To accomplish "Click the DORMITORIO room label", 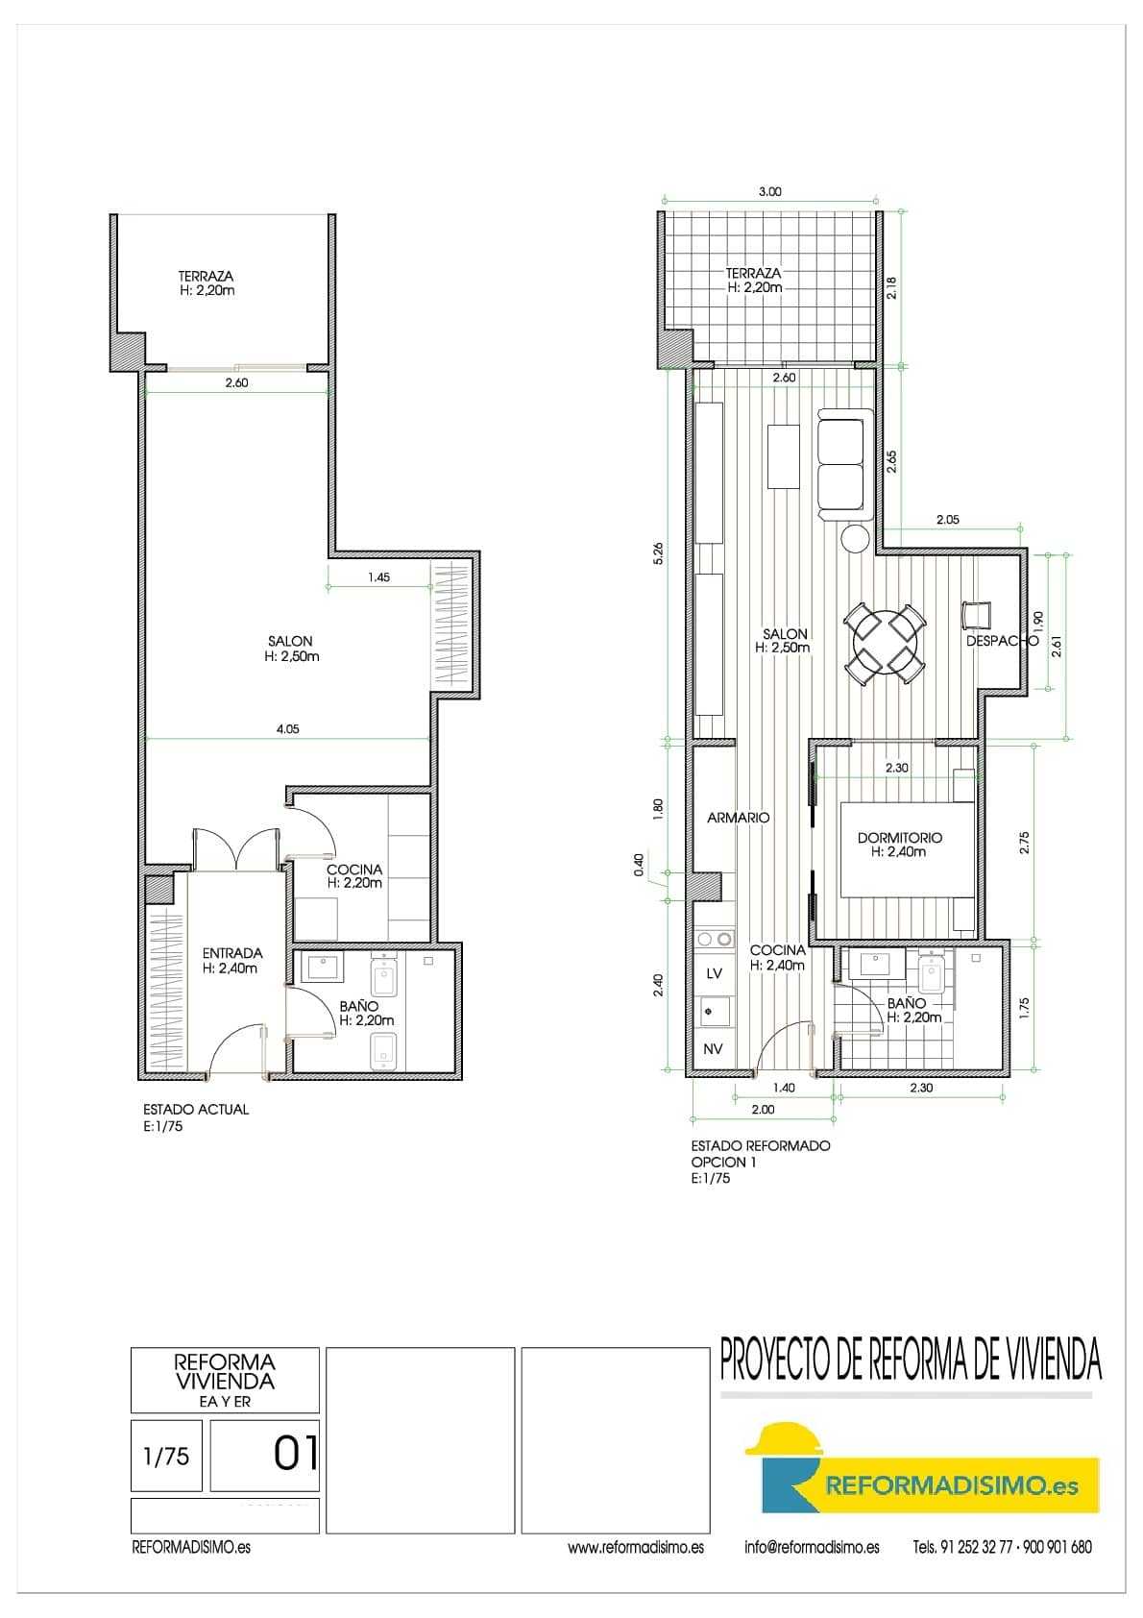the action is [x=900, y=838].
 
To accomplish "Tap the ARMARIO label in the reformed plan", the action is [x=738, y=818].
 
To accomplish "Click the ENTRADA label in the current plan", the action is [x=231, y=953].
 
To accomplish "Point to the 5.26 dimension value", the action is [x=658, y=553].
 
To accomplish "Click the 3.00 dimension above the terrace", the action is [x=769, y=191].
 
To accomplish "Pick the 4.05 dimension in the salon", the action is [x=287, y=729].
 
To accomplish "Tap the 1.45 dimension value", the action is [x=379, y=577].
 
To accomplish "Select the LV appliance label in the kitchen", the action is [x=714, y=973].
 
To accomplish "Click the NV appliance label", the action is [x=713, y=1049].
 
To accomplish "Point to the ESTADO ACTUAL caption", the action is [x=196, y=1110].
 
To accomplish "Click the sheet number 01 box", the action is [x=264, y=1456].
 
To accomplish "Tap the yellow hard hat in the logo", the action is [x=784, y=1441].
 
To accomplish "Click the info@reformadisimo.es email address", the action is [x=813, y=1547].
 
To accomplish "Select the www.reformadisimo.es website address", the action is [x=636, y=1547].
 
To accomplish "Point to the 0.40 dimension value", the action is [x=639, y=865].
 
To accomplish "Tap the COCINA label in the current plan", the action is [x=354, y=870].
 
